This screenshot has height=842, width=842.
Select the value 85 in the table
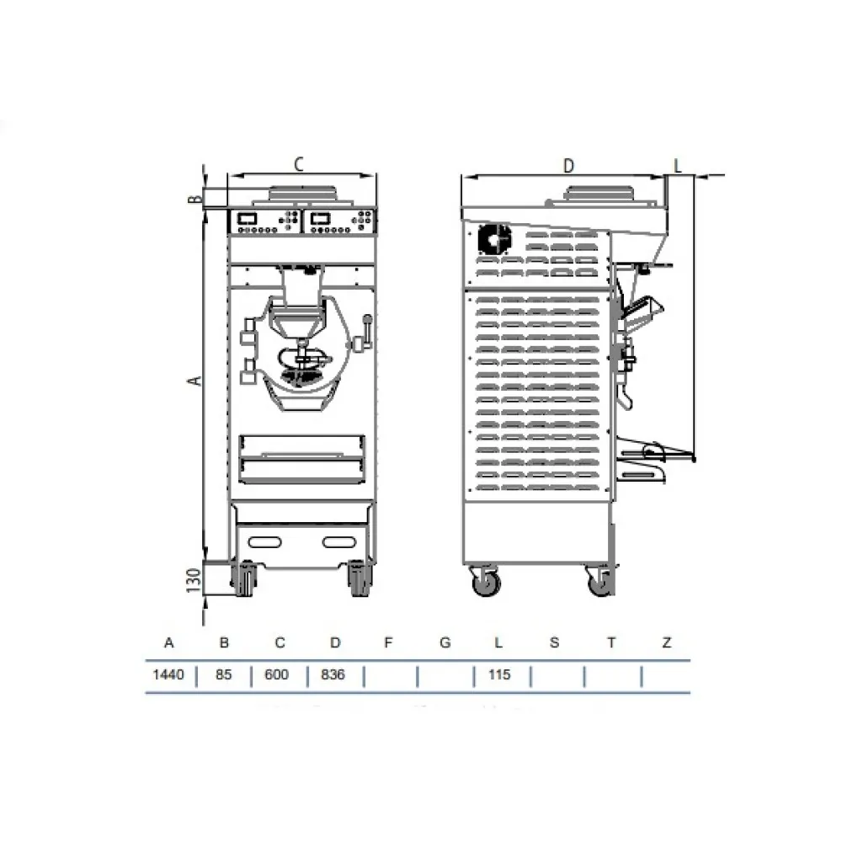click(x=224, y=675)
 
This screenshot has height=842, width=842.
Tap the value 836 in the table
click(x=334, y=675)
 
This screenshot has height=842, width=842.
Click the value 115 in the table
click(x=499, y=675)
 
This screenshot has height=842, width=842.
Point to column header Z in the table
click(x=667, y=643)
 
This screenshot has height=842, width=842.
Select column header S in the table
click(x=554, y=643)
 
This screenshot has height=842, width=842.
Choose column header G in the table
click(x=445, y=643)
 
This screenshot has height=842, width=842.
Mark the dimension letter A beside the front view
click(x=195, y=381)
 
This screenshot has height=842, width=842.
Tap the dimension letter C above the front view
click(x=298, y=164)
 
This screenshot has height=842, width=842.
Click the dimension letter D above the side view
click(x=568, y=165)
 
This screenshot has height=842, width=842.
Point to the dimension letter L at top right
click(x=677, y=163)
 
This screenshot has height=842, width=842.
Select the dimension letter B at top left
click(x=193, y=199)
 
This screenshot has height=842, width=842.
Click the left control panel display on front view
click(x=248, y=217)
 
